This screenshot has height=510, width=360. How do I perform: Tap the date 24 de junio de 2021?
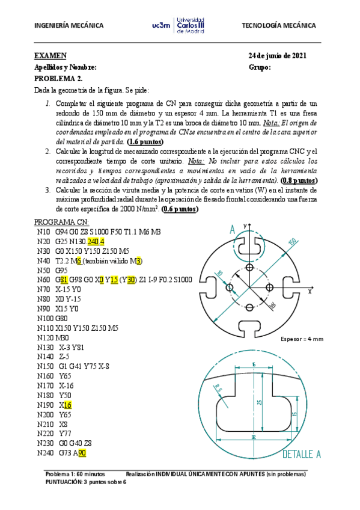click(x=278, y=56)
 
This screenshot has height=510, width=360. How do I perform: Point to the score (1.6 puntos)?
click(x=145, y=142)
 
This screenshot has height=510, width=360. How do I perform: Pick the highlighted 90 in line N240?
click(x=82, y=453)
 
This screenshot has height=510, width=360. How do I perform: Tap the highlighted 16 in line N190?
click(x=68, y=405)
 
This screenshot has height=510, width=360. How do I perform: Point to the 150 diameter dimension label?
click(x=291, y=242)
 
